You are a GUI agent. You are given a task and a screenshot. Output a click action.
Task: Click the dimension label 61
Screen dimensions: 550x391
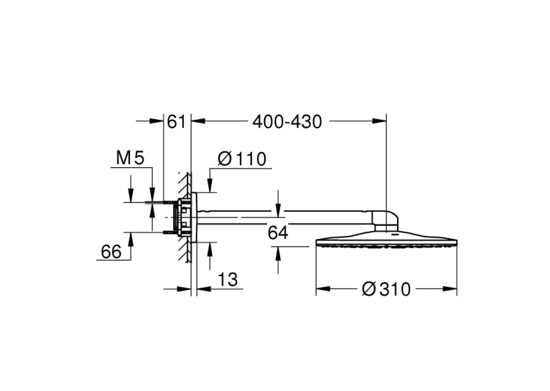[176, 121]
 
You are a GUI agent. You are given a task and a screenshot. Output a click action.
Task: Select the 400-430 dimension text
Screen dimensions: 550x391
[287, 121]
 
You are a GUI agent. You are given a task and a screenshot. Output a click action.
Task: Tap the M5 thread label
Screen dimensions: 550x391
[130, 158]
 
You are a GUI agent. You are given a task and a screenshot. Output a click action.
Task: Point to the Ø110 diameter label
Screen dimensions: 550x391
[242, 159]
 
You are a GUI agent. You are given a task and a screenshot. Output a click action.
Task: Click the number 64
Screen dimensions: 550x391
[278, 232]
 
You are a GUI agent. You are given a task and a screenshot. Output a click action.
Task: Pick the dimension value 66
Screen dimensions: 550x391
[111, 252]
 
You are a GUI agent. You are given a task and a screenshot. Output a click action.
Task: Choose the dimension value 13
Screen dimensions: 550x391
[228, 280]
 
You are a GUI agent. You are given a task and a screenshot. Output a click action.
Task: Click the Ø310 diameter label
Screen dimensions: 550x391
[386, 289]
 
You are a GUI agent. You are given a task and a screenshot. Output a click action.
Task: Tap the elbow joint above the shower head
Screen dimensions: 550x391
[386, 220]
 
